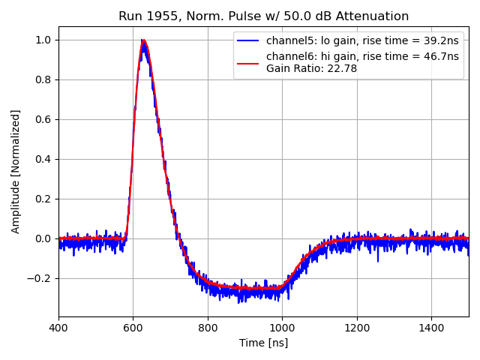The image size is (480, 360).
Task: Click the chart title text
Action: (263, 16)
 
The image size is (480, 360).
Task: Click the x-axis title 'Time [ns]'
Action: (263, 343)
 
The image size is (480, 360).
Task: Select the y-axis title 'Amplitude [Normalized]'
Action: (16, 171)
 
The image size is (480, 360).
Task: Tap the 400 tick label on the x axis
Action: (58, 328)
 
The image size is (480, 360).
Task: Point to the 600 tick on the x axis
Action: (133, 328)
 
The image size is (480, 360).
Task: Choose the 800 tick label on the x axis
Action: (208, 328)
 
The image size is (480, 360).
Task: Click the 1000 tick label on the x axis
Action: (282, 328)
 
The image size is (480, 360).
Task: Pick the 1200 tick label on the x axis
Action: (357, 328)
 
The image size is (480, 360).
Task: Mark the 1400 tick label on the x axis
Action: (431, 328)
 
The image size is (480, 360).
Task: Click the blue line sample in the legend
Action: (249, 41)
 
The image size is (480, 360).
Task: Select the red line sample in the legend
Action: (249, 56)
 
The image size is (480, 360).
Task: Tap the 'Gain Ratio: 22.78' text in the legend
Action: (311, 68)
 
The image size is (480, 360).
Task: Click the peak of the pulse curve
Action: (143, 40)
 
